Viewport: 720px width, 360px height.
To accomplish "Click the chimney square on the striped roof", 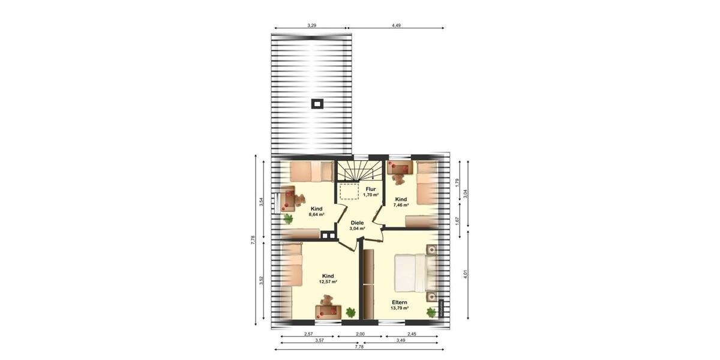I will point(317,103).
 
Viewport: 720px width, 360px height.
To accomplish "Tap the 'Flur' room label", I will point(371,189).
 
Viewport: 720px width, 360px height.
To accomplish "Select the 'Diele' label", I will point(358,222).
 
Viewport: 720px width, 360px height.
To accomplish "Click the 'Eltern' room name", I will point(400,302).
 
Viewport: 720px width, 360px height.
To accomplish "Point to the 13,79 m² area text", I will point(400,308).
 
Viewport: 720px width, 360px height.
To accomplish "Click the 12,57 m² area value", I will point(328,281).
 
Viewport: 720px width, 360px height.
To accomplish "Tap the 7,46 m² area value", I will point(401,205).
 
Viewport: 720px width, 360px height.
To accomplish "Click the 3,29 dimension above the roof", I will point(311,25).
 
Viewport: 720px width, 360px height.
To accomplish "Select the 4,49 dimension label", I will point(396,25).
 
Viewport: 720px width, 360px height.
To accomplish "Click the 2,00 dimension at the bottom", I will point(359,333).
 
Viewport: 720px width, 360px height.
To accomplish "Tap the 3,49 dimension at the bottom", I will point(401,340).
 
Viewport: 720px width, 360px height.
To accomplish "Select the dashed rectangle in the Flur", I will point(349,191).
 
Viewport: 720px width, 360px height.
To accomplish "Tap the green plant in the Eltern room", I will point(431,312).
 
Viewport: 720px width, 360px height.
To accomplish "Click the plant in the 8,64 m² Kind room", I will point(288,218).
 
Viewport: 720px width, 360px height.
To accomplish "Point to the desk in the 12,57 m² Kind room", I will point(328,311).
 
